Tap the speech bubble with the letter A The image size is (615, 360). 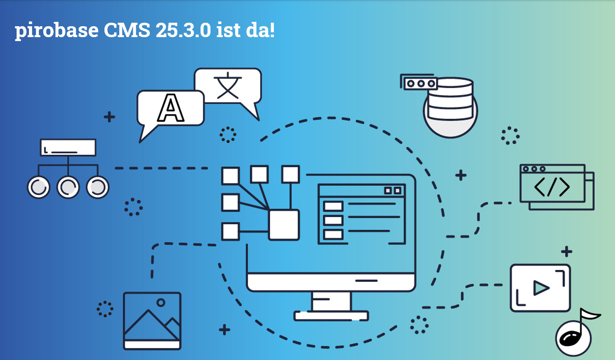[x=170, y=108]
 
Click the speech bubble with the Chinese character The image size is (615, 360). [x=228, y=86]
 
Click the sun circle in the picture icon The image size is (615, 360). [x=161, y=302]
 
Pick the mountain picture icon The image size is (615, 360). [x=152, y=321]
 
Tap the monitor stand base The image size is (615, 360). [x=331, y=315]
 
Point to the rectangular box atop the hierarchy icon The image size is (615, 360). [x=68, y=147]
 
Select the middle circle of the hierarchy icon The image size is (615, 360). [x=68, y=187]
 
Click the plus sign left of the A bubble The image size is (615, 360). [x=109, y=117]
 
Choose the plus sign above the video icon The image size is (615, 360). [x=567, y=251]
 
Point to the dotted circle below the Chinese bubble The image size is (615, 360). [x=228, y=135]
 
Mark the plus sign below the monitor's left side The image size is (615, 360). [x=225, y=329]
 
